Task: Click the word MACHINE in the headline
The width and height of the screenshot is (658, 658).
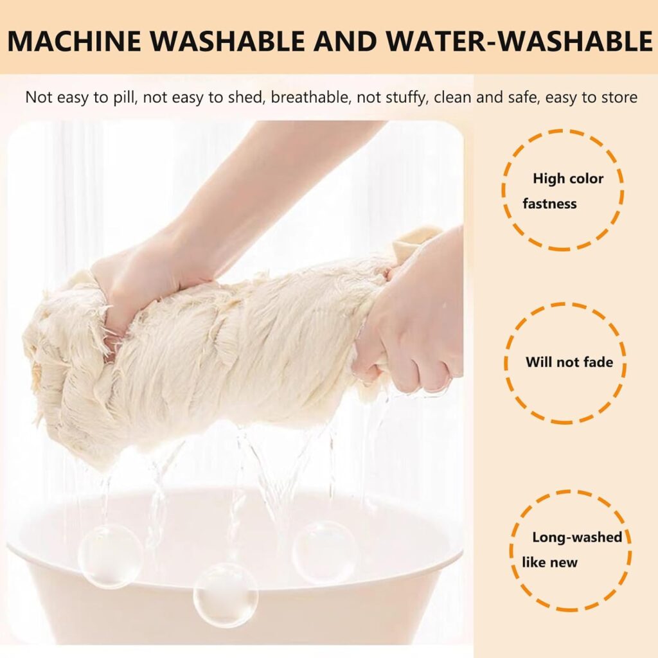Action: pyautogui.click(x=75, y=41)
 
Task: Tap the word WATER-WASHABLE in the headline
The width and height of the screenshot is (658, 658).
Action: pyautogui.click(x=519, y=41)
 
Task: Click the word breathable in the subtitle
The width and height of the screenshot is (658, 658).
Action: pyautogui.click(x=310, y=98)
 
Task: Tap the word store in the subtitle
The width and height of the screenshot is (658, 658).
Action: pyautogui.click(x=619, y=98)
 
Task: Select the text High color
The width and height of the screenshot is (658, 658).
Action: pyautogui.click(x=568, y=179)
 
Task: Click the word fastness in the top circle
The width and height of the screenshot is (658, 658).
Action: pyautogui.click(x=549, y=204)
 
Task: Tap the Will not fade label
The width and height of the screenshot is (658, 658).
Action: pyautogui.click(x=569, y=362)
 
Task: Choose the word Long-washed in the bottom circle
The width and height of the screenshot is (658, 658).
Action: pyautogui.click(x=577, y=537)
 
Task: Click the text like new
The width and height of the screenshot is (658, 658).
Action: pyautogui.click(x=550, y=562)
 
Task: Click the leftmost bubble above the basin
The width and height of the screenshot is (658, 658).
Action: pyautogui.click(x=110, y=556)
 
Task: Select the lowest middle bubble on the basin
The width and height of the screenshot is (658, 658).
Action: pyautogui.click(x=226, y=595)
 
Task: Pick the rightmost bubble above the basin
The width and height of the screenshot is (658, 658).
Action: pyautogui.click(x=325, y=552)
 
